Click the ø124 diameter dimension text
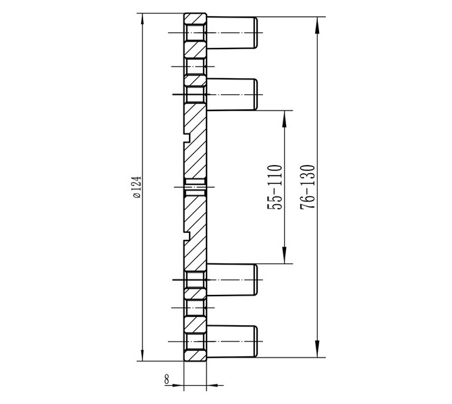click(x=137, y=187)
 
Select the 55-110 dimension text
click(x=275, y=187)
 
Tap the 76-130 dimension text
click(x=307, y=187)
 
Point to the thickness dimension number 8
click(x=167, y=378)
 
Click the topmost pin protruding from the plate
click(x=232, y=32)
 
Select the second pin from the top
click(x=232, y=94)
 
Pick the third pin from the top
click(x=232, y=279)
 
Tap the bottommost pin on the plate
click(x=232, y=341)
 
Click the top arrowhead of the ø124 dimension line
click(x=142, y=18)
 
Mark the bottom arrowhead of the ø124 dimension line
click(x=142, y=356)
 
